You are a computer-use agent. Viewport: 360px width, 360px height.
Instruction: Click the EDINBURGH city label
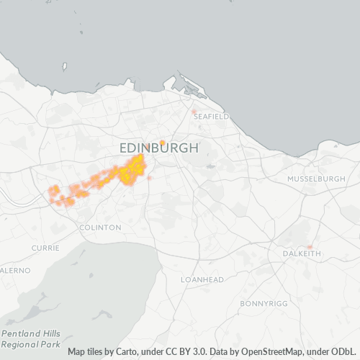[x=158, y=148]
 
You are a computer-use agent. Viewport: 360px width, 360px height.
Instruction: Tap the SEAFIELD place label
[x=211, y=116]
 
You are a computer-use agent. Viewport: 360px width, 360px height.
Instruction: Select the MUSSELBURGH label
[x=316, y=178]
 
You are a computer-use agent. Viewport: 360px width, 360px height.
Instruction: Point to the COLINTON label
[x=101, y=227]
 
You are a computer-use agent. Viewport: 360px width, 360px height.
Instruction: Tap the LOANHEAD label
[x=202, y=279]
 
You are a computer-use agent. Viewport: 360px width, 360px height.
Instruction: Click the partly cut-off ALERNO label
[x=14, y=270]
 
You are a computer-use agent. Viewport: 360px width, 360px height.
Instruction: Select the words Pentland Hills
[x=31, y=334]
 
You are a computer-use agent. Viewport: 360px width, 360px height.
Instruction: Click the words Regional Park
[x=31, y=345]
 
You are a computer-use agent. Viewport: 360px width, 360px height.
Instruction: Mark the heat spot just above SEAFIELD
[x=194, y=111]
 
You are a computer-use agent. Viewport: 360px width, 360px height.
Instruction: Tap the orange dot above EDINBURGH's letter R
[x=163, y=142]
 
